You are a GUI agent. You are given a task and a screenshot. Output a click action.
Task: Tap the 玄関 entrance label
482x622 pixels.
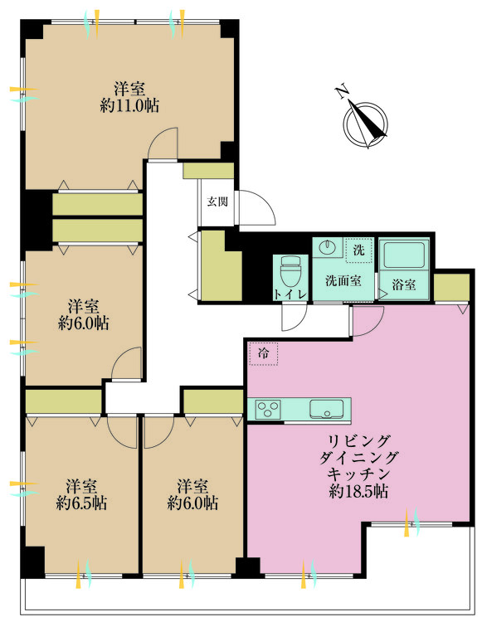(x=217, y=202)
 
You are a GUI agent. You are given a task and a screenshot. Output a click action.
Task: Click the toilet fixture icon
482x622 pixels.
(x=290, y=272)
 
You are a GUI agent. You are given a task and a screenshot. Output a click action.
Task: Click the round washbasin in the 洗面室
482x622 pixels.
(x=328, y=248)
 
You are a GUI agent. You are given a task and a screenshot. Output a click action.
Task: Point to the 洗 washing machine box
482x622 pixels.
(x=359, y=250)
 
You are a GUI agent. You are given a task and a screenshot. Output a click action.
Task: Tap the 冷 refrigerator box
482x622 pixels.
(x=263, y=353)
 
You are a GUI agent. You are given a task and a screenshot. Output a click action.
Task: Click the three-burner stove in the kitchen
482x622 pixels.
(x=268, y=409)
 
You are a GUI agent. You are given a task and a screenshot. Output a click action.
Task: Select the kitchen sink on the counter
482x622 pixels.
(x=326, y=409)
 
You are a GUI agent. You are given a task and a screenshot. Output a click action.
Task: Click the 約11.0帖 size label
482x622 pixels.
(x=129, y=106)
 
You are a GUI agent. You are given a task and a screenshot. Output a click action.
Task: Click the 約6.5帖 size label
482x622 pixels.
(x=81, y=503)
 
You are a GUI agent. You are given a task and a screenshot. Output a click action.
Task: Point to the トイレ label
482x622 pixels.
(x=290, y=294)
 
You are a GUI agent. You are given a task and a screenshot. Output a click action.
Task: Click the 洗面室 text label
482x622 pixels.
(x=343, y=281)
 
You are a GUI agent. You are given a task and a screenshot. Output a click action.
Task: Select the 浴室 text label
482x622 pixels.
(x=404, y=284)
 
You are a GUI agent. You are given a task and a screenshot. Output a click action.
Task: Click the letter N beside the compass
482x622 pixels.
(x=342, y=91)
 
